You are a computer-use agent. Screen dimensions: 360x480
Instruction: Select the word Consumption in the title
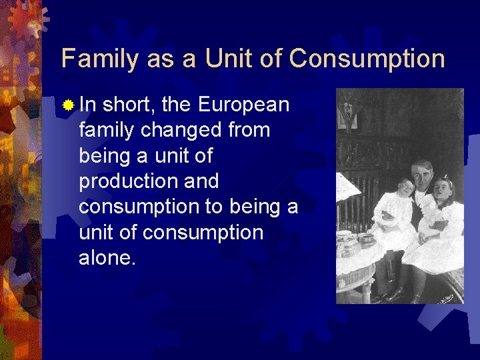[367, 59]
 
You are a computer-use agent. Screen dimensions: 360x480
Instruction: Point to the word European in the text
[244, 105]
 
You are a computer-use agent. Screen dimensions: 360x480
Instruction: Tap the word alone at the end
[107, 258]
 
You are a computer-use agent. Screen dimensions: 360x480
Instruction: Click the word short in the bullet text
[129, 105]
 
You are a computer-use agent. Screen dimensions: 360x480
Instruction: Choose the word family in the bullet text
[107, 130]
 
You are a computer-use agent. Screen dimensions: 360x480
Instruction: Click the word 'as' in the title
[161, 59]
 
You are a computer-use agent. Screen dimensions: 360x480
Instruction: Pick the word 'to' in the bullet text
[213, 207]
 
